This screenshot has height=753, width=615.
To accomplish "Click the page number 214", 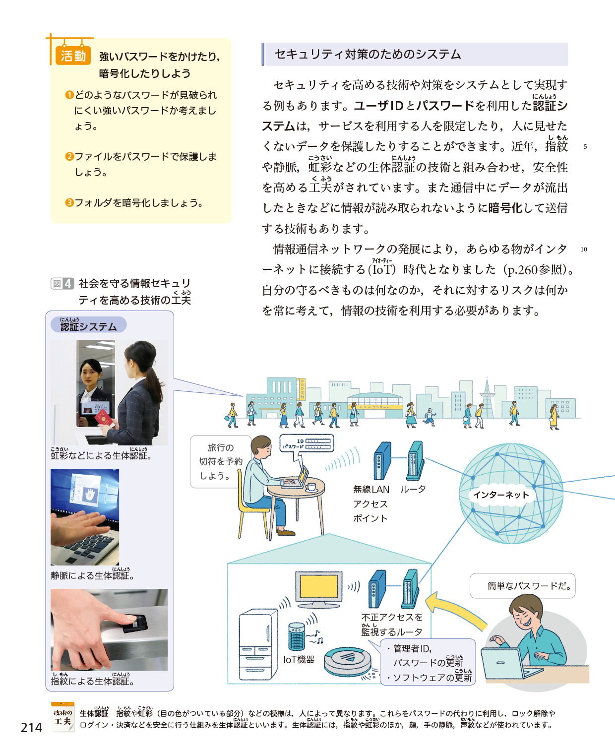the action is click(x=31, y=727).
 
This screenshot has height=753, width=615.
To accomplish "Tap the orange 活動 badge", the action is click(x=73, y=56).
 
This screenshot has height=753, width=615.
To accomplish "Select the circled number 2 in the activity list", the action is click(x=69, y=156).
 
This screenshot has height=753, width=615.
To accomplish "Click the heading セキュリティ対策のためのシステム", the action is click(x=368, y=54).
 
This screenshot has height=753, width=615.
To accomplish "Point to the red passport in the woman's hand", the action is click(x=104, y=417).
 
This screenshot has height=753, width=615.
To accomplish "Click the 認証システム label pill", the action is click(x=88, y=324).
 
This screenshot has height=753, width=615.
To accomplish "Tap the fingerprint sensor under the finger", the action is click(x=135, y=624).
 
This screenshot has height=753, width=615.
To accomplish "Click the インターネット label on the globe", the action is click(x=501, y=495).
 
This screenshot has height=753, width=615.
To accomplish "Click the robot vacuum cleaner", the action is click(x=348, y=663).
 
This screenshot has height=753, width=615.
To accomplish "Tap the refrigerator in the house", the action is click(x=258, y=645).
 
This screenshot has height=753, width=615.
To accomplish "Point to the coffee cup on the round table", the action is click(x=310, y=487).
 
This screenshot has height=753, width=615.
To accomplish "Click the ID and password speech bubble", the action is click(x=307, y=444).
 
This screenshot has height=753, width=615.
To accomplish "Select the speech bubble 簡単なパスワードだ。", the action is click(x=522, y=586).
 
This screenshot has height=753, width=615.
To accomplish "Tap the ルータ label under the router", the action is click(x=413, y=490).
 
